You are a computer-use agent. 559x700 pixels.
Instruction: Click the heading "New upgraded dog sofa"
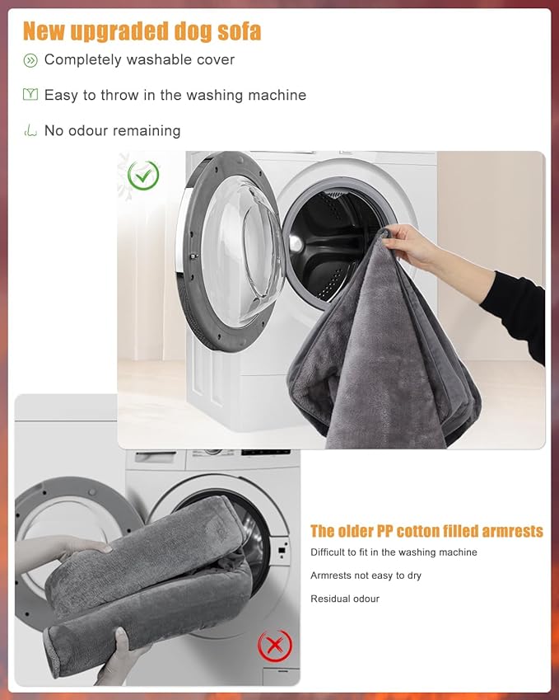tap(142, 31)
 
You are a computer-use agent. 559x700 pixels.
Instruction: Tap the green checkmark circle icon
tap(144, 175)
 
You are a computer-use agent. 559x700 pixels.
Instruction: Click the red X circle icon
tap(274, 645)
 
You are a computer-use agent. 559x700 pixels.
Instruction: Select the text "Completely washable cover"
tap(139, 59)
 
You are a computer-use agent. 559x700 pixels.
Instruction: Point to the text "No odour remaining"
tap(112, 130)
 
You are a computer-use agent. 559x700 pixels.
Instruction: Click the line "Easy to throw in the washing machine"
tap(175, 95)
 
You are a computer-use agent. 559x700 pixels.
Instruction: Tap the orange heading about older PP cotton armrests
tap(426, 531)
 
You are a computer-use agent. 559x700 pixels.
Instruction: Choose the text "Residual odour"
tap(345, 599)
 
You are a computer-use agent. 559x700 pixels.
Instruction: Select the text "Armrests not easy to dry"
tap(366, 576)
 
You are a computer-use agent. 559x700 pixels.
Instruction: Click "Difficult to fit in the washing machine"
tap(394, 552)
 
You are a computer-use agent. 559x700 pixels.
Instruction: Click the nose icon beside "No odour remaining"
tap(30, 130)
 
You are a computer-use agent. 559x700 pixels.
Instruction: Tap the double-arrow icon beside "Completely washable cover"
tap(30, 60)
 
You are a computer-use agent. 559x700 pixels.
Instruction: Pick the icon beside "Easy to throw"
tap(30, 95)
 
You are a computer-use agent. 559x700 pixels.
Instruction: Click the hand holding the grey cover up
tap(409, 245)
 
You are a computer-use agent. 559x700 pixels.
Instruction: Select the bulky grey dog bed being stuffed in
tap(148, 577)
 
